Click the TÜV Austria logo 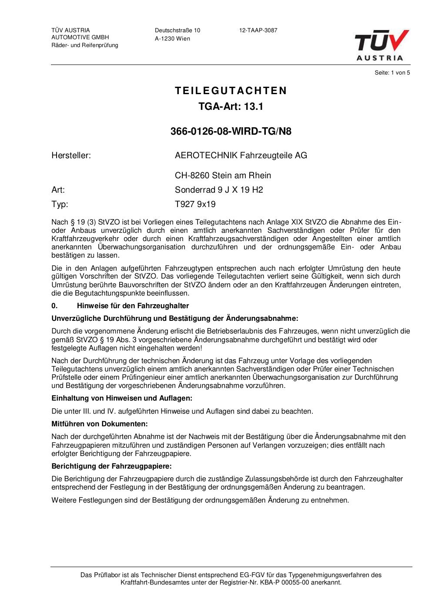382,45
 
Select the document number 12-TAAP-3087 258,31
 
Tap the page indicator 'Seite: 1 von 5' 392,73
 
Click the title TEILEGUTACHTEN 231,91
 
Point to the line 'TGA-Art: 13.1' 231,106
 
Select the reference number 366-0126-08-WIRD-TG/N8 231,132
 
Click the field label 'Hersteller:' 71,155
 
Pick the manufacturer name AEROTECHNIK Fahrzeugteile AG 241,155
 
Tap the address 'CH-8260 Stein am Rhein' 223,176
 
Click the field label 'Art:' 58,190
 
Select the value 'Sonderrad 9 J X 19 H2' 219,190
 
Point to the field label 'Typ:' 60,204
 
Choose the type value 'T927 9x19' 195,204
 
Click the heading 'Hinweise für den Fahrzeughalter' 133,306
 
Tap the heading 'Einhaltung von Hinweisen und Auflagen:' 122,398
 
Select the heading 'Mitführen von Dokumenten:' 100,424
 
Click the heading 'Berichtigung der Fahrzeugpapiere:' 111,466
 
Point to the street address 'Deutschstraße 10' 177,31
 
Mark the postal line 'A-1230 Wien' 172,39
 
